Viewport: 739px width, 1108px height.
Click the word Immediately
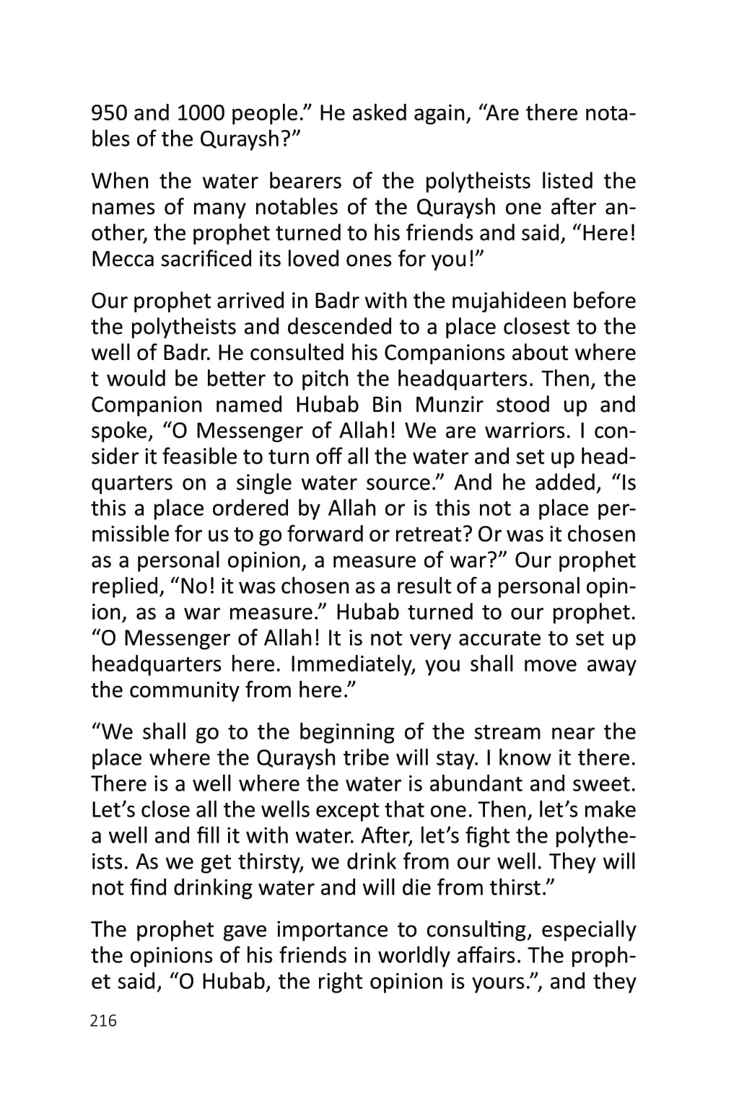[x=352, y=664]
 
